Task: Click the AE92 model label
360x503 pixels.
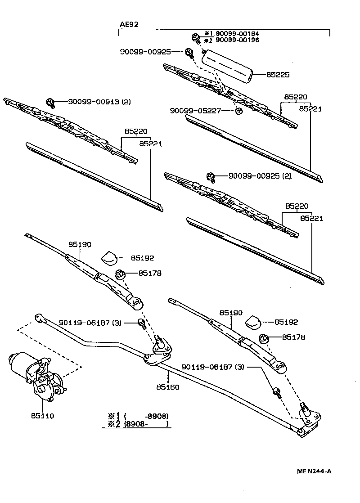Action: click(x=129, y=24)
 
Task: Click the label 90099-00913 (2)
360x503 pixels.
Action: click(x=99, y=102)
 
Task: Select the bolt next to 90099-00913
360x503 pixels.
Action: click(x=51, y=103)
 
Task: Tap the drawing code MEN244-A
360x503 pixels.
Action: click(x=314, y=471)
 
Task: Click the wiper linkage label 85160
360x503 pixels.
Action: click(x=167, y=386)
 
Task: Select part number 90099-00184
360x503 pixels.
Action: click(x=238, y=34)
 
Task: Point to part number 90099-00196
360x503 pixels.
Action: click(x=238, y=40)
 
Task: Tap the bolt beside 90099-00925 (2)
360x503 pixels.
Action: click(x=211, y=177)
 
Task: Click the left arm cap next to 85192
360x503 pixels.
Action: click(x=109, y=257)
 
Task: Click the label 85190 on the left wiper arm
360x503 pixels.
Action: click(x=80, y=245)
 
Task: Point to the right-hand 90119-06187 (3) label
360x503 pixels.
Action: click(x=212, y=367)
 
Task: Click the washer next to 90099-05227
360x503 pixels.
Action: click(x=239, y=111)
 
